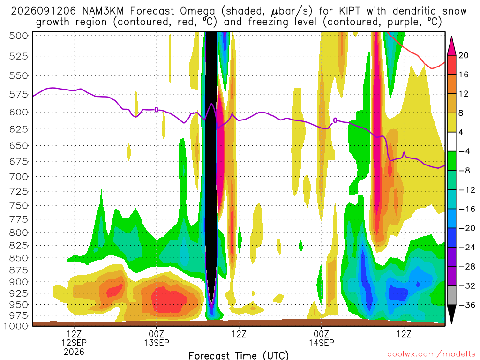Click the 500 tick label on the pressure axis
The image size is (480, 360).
pyautogui.click(x=18, y=36)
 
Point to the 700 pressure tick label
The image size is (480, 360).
pyautogui.click(x=18, y=177)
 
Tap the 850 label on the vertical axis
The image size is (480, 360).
pyautogui.click(x=18, y=258)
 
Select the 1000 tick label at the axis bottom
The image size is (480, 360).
pyautogui.click(x=16, y=326)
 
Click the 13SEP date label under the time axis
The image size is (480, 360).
pyautogui.click(x=157, y=343)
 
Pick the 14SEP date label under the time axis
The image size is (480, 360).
pyautogui.click(x=321, y=343)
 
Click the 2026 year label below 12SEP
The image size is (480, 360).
pyautogui.click(x=74, y=352)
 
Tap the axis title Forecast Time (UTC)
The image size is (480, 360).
pyautogui.click(x=239, y=355)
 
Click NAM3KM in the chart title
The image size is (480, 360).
pyautogui.click(x=103, y=11)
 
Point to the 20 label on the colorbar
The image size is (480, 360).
pyautogui.click(x=463, y=55)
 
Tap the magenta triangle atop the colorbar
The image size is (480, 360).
pyautogui.click(x=451, y=46)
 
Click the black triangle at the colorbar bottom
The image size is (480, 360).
pyautogui.click(x=451, y=314)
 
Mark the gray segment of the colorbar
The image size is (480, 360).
pyautogui.click(x=451, y=295)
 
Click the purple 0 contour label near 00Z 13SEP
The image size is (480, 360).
pyautogui.click(x=157, y=110)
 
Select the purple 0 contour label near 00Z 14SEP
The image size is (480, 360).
pyautogui.click(x=335, y=120)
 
